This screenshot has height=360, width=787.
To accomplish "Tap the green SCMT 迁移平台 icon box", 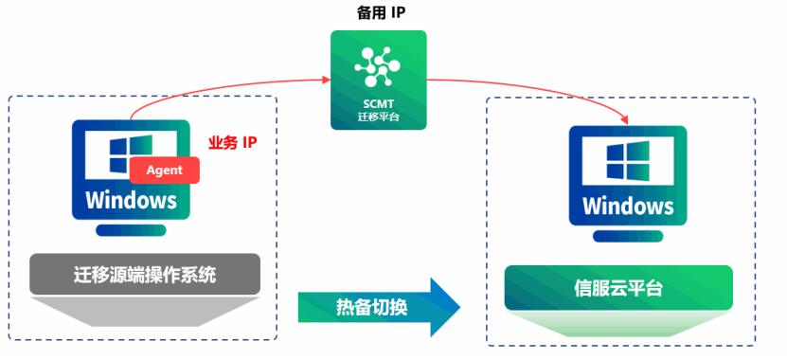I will point(378,80).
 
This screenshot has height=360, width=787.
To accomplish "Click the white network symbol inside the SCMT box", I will point(378,63).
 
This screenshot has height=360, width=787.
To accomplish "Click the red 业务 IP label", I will point(233,143).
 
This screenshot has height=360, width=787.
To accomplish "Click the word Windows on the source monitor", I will point(131,200).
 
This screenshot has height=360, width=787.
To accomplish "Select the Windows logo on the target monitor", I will point(627,163).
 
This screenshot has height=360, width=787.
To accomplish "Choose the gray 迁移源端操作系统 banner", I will point(145,276).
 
